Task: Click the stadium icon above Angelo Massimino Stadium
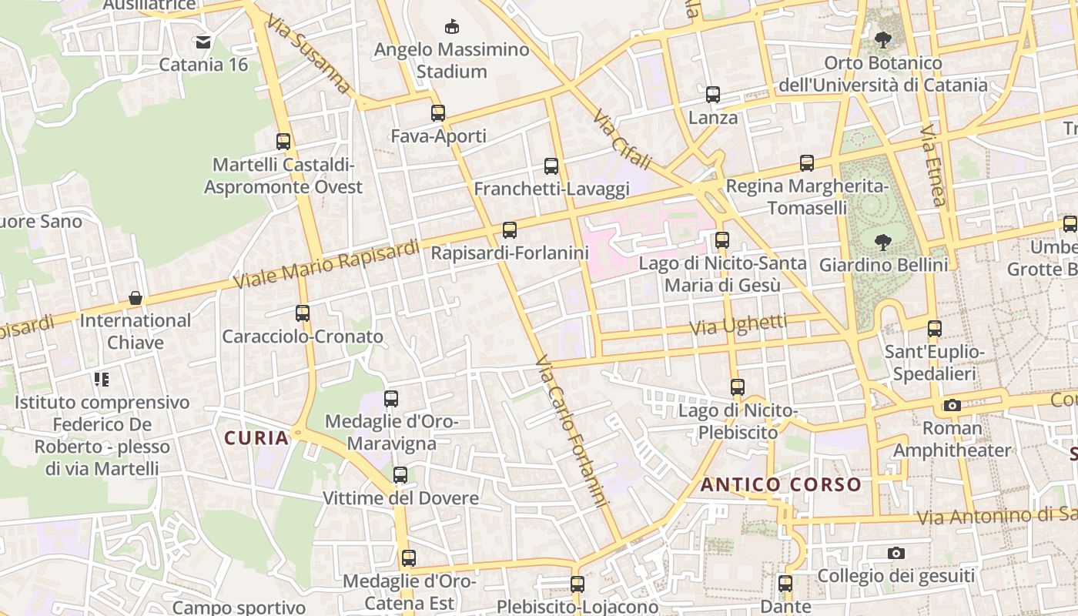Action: [x=452, y=27]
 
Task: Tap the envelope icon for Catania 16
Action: [x=203, y=42]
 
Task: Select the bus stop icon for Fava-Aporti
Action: [x=438, y=113]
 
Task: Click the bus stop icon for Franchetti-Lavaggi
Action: [x=551, y=166]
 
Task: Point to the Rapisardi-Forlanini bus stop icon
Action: [x=510, y=229]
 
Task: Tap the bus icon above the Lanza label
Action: [x=713, y=95]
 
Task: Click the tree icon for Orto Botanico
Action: [x=882, y=39]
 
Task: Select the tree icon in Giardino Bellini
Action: [x=882, y=243]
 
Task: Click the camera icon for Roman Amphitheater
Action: [x=952, y=405]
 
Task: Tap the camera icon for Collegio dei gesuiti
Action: [x=896, y=553]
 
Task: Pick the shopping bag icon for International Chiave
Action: [x=136, y=297]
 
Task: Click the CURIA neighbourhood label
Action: [x=256, y=438]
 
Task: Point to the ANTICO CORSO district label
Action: [x=781, y=484]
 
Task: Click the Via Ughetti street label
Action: [x=738, y=325]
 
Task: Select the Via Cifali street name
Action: [x=622, y=139]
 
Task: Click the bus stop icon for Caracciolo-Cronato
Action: [x=303, y=313]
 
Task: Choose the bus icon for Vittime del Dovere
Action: [x=400, y=475]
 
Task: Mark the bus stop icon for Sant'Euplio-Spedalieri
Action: [x=935, y=329]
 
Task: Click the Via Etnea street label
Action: [x=932, y=166]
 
